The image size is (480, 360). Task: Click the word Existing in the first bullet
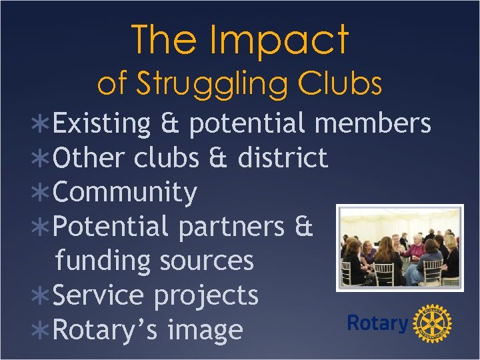click(102, 124)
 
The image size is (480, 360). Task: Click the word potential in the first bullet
click(247, 125)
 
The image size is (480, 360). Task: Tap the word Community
click(125, 193)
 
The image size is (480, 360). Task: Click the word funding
click(103, 261)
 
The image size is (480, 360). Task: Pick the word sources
click(205, 261)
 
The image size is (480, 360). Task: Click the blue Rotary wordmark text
click(377, 324)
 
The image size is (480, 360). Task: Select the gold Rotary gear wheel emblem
click(433, 325)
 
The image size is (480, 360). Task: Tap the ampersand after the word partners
click(303, 227)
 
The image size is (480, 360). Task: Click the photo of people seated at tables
click(399, 249)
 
